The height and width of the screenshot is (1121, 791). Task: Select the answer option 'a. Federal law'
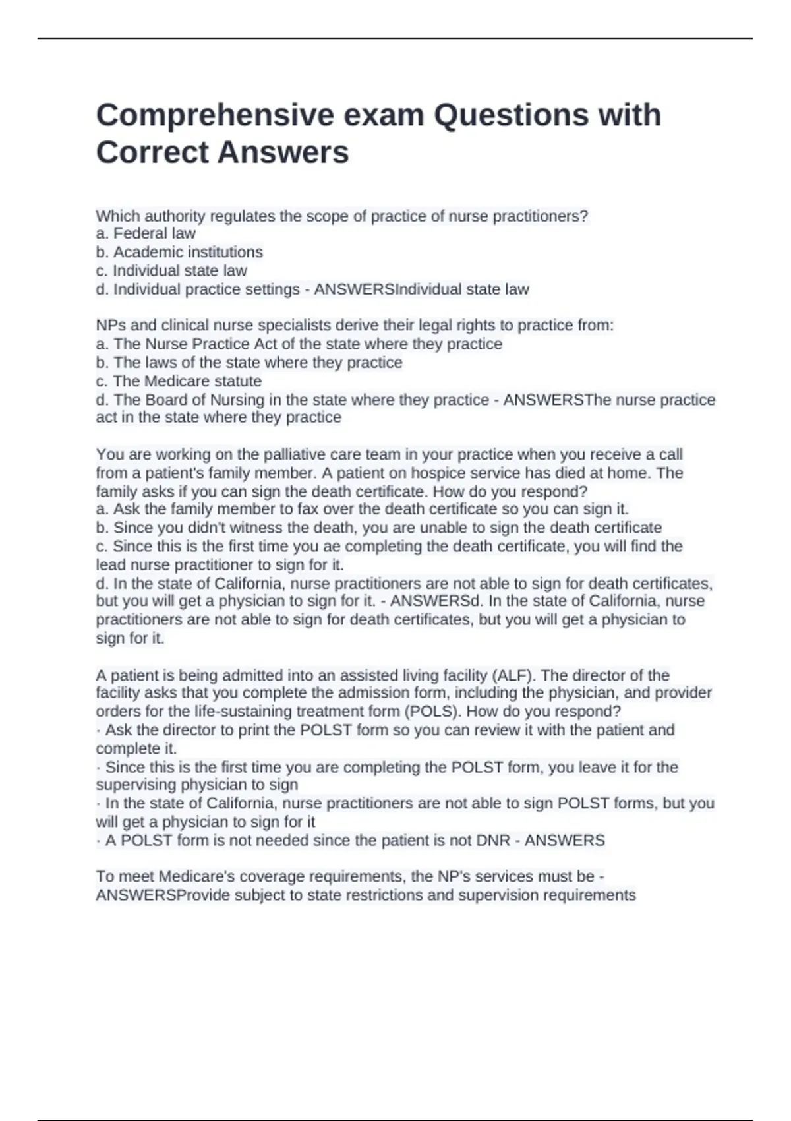(x=146, y=233)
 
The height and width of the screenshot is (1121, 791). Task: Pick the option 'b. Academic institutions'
(x=179, y=252)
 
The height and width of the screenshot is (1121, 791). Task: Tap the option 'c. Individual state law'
(x=171, y=270)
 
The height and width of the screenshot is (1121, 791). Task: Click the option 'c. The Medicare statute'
(x=179, y=381)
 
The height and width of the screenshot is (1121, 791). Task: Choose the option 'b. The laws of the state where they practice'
(x=249, y=363)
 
